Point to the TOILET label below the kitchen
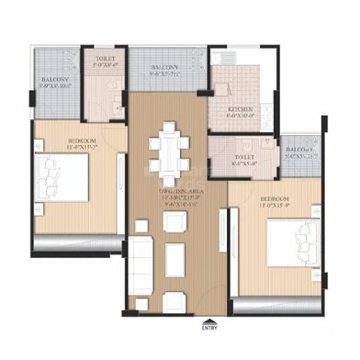243,157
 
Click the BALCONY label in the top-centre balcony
165,69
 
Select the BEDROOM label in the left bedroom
82,141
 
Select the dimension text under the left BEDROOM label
82,149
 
